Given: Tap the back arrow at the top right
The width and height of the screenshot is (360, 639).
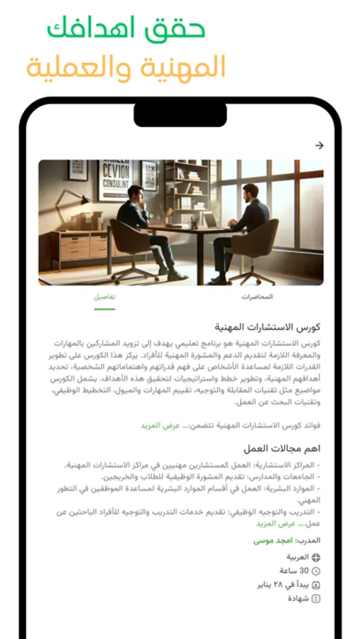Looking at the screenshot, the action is coord(319,146).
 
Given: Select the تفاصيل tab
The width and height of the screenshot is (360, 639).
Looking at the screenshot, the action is coord(104,297).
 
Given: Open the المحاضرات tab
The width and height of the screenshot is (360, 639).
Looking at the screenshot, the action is coord(257,297).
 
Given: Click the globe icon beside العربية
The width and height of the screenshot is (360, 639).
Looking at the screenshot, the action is coord(316,557).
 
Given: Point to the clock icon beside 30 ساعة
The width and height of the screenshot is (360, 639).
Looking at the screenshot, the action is coord(316,571).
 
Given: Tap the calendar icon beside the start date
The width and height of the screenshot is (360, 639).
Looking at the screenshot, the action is coord(316,585).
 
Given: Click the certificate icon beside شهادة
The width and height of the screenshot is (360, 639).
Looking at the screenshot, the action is coord(316,599).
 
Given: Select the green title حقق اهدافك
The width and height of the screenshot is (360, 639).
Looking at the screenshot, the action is coord(126,30).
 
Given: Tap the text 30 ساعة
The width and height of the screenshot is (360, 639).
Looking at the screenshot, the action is coord(294,571).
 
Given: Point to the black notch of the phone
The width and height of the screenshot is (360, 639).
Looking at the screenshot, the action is coord(180,114).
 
